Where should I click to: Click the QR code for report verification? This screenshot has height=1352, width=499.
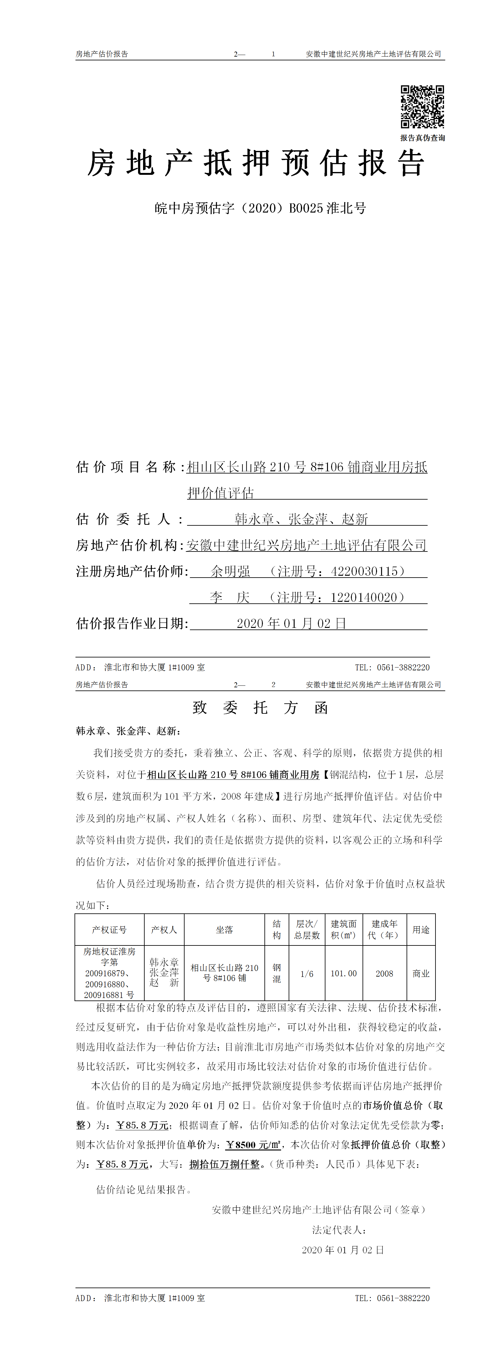pyautogui.click(x=422, y=107)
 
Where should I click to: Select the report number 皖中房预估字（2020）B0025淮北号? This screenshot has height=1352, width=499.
pyautogui.click(x=260, y=208)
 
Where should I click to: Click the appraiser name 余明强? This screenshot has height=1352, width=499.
pyautogui.click(x=230, y=572)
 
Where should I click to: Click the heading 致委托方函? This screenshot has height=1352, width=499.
pyautogui.click(x=260, y=708)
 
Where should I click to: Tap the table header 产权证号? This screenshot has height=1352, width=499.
pyautogui.click(x=109, y=929)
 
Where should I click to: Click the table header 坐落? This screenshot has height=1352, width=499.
pyautogui.click(x=224, y=929)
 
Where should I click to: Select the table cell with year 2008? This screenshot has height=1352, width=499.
pyautogui.click(x=384, y=973)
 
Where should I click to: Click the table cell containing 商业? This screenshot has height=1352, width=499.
pyautogui.click(x=421, y=973)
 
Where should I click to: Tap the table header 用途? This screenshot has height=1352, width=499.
pyautogui.click(x=421, y=929)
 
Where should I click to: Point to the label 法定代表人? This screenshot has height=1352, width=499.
pyautogui.click(x=339, y=1230)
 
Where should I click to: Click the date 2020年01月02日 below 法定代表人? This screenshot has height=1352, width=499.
pyautogui.click(x=343, y=1249)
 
